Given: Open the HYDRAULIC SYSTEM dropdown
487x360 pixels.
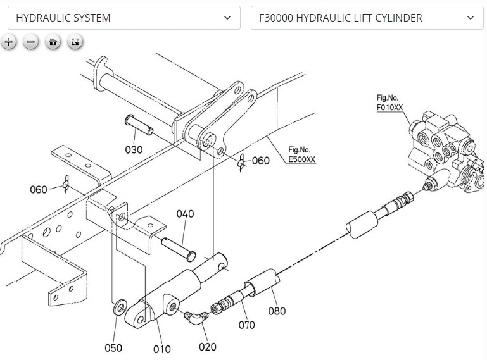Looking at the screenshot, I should pos(123,18).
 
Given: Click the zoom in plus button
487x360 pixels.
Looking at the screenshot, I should pos(8,42).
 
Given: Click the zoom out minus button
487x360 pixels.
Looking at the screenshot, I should pos(30,42).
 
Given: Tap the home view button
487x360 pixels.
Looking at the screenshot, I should pos(53,42).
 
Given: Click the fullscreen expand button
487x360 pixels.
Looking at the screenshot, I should pos(75,42).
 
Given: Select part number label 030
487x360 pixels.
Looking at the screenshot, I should pos(134,150).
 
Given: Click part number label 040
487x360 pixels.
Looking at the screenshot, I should pos(185,214).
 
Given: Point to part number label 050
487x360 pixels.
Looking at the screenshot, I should pos(113,347).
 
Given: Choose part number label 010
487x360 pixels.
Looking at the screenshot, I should pos(161,349).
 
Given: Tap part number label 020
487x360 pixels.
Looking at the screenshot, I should pos(207,347).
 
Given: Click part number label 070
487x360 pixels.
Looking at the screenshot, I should pos(246,325).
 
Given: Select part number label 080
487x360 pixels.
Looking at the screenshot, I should pos(277,311).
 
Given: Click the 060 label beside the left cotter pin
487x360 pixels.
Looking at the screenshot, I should pos(39,189).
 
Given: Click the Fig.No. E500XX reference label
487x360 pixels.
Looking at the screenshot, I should pos(301,155).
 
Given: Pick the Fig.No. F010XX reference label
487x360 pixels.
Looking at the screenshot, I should pos(389,102).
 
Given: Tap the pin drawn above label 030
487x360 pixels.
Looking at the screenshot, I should pos(139,124).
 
